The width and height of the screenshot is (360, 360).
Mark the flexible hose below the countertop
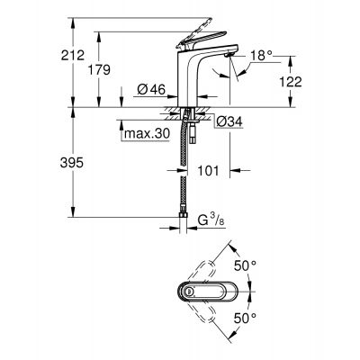pos(187,180)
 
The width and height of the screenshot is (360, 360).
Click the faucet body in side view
pos(189,81)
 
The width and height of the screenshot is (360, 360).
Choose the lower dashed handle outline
pos(212,324)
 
